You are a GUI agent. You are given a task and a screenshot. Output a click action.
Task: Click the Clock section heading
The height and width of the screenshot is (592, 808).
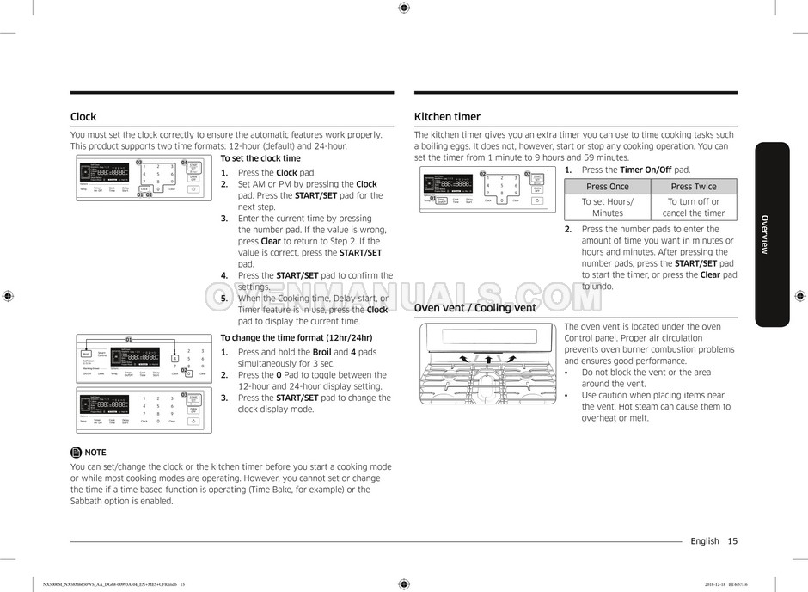pyautogui.click(x=83, y=117)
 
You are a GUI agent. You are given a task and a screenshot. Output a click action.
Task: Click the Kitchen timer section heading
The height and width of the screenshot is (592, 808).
pyautogui.click(x=447, y=117)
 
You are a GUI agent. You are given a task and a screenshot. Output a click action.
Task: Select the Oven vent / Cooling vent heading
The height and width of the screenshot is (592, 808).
pyautogui.click(x=474, y=308)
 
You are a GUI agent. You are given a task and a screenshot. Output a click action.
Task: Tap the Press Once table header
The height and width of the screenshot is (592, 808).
pyautogui.click(x=607, y=187)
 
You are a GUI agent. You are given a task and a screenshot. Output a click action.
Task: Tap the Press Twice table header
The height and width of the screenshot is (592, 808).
pyautogui.click(x=694, y=187)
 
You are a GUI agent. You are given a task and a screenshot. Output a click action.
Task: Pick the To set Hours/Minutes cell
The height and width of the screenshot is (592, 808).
pyautogui.click(x=607, y=207)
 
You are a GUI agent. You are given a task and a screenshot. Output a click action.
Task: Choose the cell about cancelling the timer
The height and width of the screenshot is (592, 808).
pyautogui.click(x=694, y=207)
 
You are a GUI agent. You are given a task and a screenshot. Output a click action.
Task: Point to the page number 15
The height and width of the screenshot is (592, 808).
pyautogui.click(x=731, y=541)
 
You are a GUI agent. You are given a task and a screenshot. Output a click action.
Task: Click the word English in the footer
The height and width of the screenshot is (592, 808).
pyautogui.click(x=704, y=541)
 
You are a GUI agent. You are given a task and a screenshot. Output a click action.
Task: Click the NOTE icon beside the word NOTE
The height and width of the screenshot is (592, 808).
pyautogui.click(x=76, y=452)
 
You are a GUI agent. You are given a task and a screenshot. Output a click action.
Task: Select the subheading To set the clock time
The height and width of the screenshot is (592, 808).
pyautogui.click(x=260, y=158)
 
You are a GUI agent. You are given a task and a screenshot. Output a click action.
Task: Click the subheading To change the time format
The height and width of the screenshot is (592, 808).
pyautogui.click(x=297, y=337)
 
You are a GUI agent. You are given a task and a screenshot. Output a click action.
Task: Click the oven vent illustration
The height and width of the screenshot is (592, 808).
pyautogui.click(x=487, y=365)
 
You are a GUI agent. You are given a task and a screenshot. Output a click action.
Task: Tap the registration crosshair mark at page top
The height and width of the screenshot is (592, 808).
pyautogui.click(x=404, y=8)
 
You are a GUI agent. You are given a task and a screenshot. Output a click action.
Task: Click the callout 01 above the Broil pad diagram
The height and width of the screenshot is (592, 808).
pyautogui.click(x=129, y=340)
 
